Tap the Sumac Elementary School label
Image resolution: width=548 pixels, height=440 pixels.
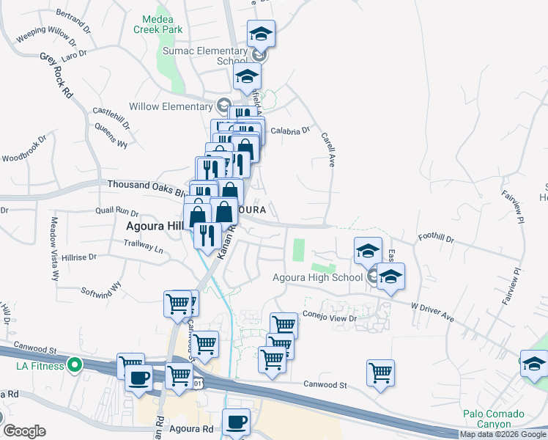tap(212, 56)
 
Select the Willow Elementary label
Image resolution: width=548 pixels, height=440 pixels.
tap(170, 106)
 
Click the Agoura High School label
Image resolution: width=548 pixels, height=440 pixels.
tap(317, 277)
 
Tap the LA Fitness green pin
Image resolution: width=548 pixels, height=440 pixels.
tap(74, 364)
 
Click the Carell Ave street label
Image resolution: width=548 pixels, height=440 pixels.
tap(327, 150)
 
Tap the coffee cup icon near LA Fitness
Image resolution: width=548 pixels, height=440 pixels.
tap(139, 378)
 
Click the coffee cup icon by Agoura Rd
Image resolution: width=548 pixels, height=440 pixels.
tap(236, 422)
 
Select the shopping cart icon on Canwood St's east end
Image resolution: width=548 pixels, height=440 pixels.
tap(380, 372)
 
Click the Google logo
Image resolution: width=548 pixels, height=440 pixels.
tap(24, 431)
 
